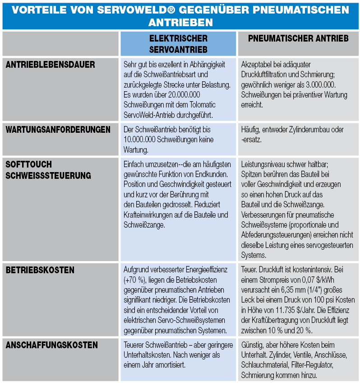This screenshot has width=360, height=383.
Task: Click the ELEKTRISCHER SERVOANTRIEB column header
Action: (x=178, y=43)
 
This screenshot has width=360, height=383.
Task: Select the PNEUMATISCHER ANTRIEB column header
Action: (x=298, y=39)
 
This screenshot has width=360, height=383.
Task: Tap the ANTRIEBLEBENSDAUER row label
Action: (x=51, y=65)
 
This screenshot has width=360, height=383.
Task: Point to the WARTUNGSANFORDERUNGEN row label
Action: (x=58, y=130)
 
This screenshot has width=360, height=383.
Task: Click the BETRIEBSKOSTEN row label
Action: (x=40, y=270)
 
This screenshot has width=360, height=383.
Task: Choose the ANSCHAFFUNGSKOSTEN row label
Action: (x=52, y=345)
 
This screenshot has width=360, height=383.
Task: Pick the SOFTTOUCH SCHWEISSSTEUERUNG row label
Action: (x=48, y=170)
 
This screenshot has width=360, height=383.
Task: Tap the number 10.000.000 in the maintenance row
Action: (x=142, y=140)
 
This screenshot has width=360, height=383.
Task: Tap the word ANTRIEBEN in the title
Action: (x=180, y=22)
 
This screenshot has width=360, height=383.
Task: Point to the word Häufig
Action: (x=251, y=130)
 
